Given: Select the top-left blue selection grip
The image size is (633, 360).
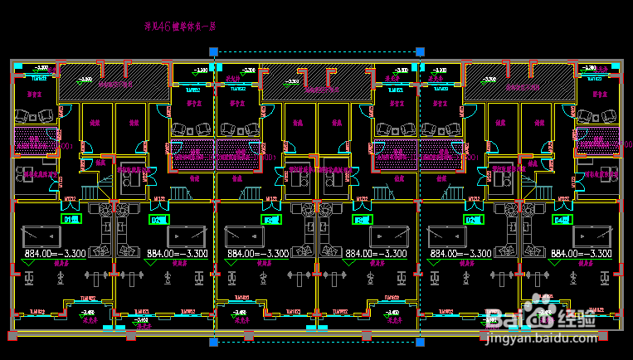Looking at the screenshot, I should click(x=214, y=52).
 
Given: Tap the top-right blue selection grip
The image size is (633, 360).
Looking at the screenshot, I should click(x=421, y=52).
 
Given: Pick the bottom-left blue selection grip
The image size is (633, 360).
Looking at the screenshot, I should click(x=214, y=340).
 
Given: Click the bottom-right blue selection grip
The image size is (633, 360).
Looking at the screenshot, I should click(x=421, y=340).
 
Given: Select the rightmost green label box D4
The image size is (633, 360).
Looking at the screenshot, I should click(x=561, y=220).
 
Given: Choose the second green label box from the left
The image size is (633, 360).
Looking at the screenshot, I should click(x=158, y=220).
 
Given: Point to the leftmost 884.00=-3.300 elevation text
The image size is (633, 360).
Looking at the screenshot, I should click(x=58, y=253).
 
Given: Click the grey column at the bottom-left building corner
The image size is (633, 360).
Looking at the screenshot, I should click(x=11, y=335).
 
